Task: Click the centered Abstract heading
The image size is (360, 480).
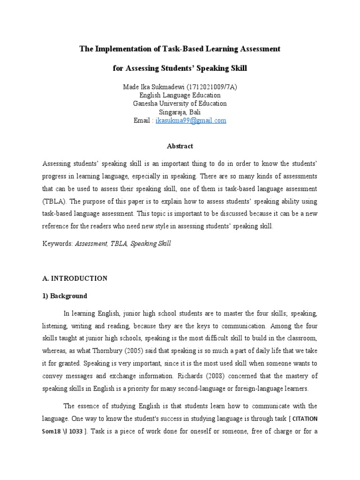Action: (180, 146)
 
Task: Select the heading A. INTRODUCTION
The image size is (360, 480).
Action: (75, 278)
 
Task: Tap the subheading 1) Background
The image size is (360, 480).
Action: (65, 296)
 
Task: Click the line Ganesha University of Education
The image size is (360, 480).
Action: (180, 104)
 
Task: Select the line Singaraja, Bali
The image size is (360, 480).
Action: (180, 112)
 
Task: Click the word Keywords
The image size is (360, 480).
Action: (57, 244)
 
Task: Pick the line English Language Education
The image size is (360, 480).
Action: (180, 95)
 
